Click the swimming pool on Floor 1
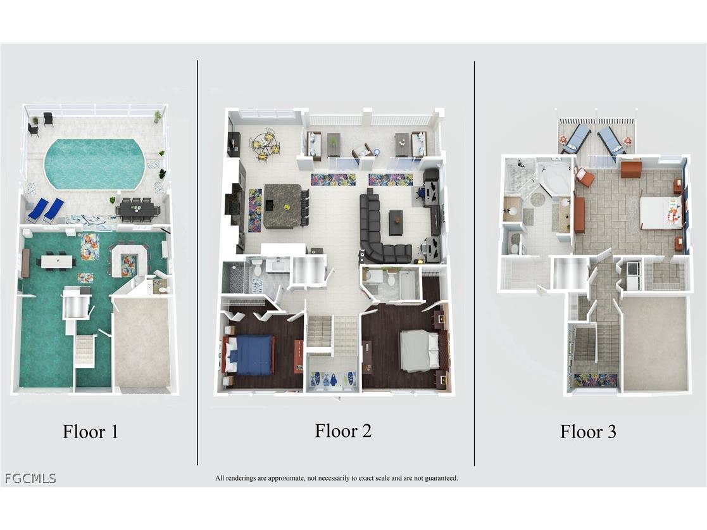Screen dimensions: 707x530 [94, 164]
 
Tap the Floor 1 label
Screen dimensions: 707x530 [90, 432]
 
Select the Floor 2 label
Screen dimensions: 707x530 [343, 431]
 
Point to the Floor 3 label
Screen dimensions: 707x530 [588, 432]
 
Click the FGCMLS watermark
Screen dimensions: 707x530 [30, 478]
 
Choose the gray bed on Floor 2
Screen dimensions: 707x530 [420, 349]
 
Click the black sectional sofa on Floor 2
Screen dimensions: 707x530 [382, 229]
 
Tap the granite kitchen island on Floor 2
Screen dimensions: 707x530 [283, 206]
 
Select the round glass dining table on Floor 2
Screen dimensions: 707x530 [265, 144]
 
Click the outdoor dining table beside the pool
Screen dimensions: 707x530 [138, 210]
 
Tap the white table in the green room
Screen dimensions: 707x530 [57, 262]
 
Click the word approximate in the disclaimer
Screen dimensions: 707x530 [286, 478]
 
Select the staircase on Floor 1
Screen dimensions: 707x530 [84, 350]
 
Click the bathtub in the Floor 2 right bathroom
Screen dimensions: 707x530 [410, 284]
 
